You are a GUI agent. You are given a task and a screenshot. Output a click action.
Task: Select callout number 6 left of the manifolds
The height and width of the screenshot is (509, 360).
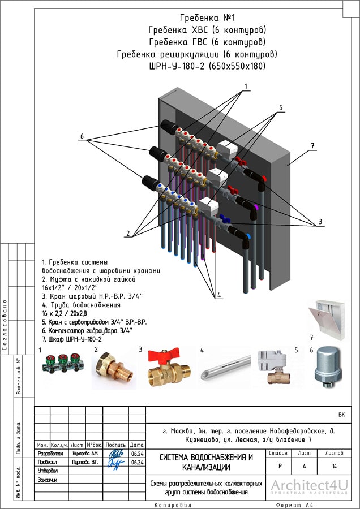click(x=82, y=137)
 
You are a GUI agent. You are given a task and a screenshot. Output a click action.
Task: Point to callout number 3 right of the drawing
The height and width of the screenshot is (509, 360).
click(x=320, y=221)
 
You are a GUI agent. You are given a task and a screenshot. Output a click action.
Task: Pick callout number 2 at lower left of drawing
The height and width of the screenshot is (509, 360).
click(x=128, y=233)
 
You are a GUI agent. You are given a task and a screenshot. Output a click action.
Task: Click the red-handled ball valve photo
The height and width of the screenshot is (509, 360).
click(x=168, y=368)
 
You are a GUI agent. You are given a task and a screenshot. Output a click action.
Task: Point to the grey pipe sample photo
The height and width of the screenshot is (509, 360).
click(x=226, y=367)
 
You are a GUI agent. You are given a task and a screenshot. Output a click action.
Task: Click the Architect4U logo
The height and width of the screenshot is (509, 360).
click(x=309, y=486)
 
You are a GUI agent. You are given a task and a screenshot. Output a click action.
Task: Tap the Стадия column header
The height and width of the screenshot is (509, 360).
click(x=278, y=454)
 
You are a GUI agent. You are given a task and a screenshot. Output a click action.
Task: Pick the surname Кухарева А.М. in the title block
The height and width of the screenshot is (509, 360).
click(x=86, y=454)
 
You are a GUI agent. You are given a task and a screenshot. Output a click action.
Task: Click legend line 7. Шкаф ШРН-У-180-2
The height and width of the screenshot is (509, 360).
click(x=72, y=339)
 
